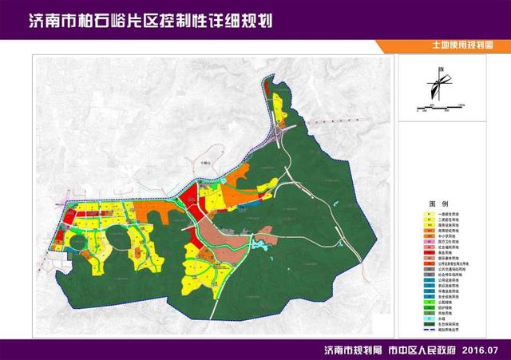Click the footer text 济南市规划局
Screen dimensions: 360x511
coord(351,350)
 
